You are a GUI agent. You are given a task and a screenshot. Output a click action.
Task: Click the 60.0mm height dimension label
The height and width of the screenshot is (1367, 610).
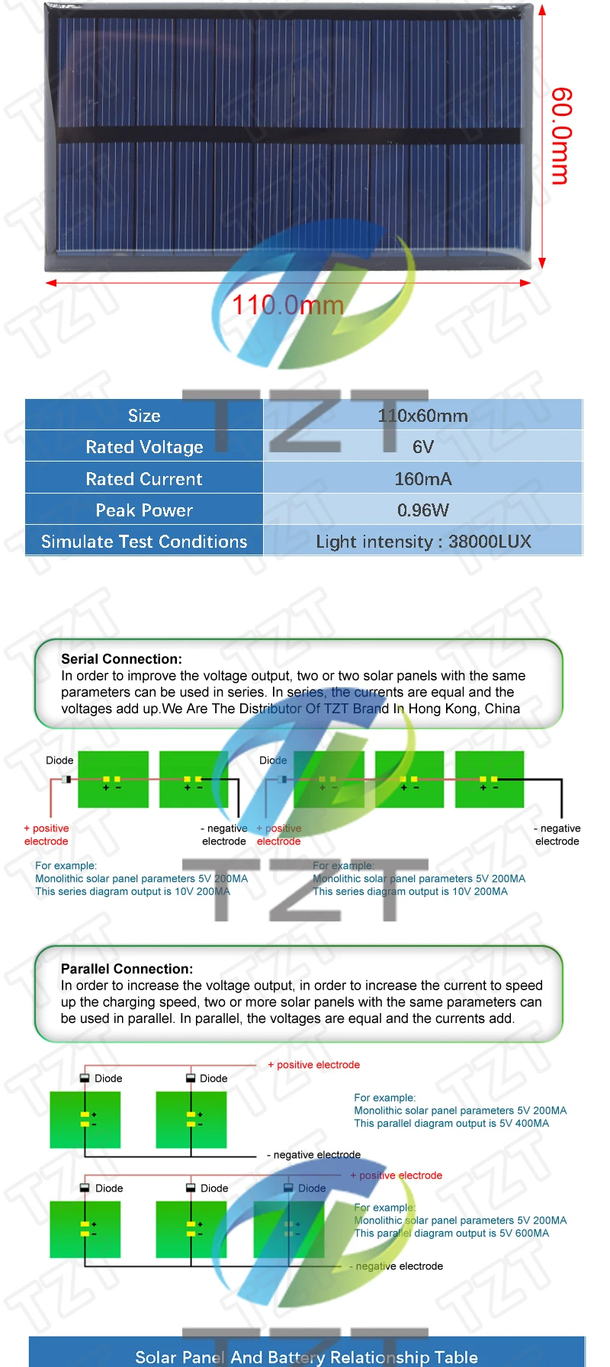tap(560, 136)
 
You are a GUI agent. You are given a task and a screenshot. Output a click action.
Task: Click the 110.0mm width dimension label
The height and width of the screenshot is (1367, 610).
tap(287, 305)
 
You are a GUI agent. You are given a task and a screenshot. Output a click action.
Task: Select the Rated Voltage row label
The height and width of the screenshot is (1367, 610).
tap(144, 447)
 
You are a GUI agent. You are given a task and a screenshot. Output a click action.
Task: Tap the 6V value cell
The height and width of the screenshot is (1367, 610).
tap(423, 447)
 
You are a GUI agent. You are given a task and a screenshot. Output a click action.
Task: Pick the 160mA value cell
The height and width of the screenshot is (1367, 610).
tap(423, 479)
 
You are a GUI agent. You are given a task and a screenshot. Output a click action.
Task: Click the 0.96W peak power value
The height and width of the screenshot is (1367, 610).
tap(423, 510)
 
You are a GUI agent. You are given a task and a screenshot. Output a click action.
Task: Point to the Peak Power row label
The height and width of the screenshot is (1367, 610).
tap(144, 510)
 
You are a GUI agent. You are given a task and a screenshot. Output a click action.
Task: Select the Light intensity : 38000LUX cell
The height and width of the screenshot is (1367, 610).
tap(423, 542)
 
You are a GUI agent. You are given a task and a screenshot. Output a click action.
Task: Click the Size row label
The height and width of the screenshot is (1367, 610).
tap(144, 416)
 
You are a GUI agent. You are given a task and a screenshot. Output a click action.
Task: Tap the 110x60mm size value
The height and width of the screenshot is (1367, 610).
tap(423, 416)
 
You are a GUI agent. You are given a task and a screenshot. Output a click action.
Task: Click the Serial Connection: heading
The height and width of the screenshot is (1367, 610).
tap(121, 659)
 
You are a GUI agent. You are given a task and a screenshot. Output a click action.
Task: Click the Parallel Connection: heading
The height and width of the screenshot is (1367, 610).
tap(127, 969)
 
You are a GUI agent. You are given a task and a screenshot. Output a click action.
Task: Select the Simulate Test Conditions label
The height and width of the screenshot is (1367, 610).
tap(144, 542)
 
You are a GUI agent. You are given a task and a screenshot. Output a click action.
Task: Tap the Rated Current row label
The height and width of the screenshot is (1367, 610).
tap(144, 479)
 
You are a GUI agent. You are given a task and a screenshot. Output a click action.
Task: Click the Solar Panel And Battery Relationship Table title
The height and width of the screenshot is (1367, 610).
tap(307, 1357)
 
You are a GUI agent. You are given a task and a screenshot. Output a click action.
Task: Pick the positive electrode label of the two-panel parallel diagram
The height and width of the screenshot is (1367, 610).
tap(313, 1065)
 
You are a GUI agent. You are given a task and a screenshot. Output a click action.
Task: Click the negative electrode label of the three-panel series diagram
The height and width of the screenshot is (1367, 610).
tap(557, 835)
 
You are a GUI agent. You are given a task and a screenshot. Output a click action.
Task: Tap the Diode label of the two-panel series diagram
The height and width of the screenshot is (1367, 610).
tap(59, 761)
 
